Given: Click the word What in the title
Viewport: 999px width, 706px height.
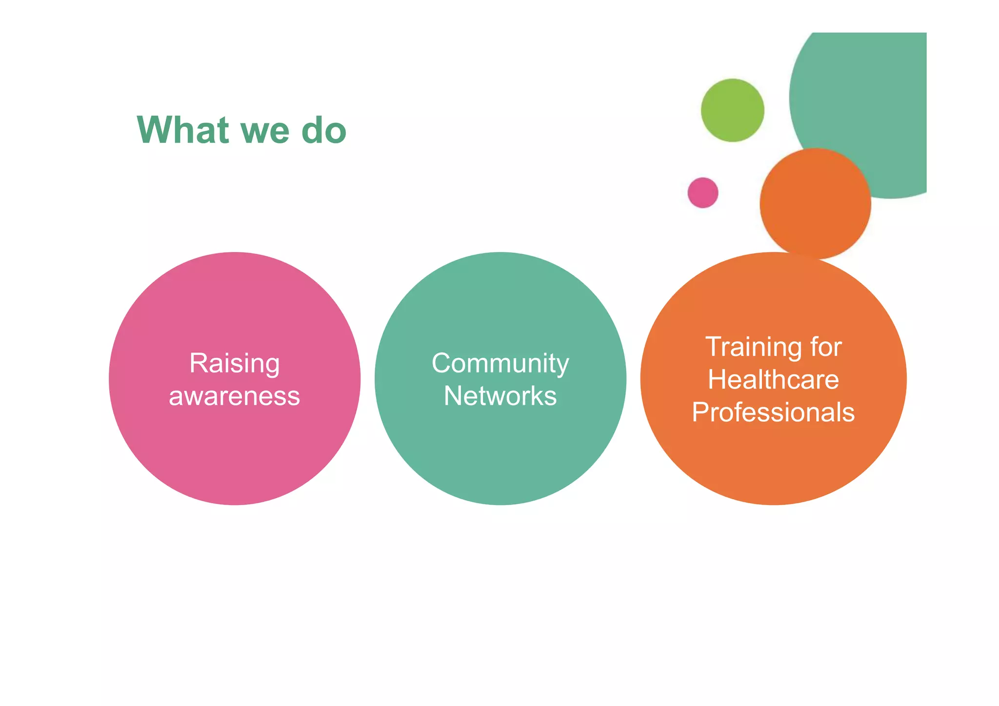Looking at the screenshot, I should (x=183, y=130).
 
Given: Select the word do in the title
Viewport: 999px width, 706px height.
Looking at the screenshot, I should (x=324, y=130).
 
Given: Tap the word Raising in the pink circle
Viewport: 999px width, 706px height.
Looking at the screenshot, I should (x=234, y=364).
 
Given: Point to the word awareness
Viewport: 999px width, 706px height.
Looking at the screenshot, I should (x=234, y=396).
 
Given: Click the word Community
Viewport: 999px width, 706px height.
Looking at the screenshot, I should (x=500, y=364).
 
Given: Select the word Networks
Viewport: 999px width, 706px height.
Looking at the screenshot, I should (x=500, y=396).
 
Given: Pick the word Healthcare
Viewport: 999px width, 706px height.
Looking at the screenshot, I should (x=773, y=380).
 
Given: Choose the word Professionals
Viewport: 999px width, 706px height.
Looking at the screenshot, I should (x=773, y=412).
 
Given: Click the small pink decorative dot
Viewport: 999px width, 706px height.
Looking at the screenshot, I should (x=703, y=193).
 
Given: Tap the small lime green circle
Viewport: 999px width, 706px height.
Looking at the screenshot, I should (x=732, y=110).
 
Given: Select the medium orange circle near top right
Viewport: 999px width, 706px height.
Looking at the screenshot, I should (x=815, y=204).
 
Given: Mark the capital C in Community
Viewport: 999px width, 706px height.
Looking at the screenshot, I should (x=442, y=364).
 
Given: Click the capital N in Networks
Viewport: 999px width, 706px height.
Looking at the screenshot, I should (x=453, y=396).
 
